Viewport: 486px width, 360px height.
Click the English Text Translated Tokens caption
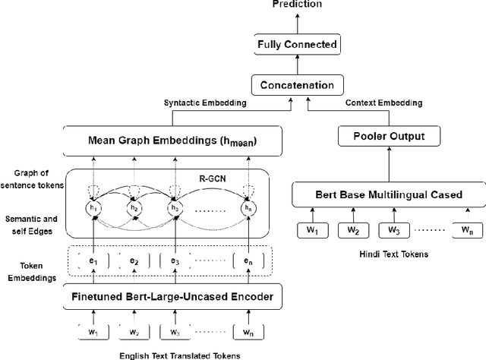click(x=185, y=354)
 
